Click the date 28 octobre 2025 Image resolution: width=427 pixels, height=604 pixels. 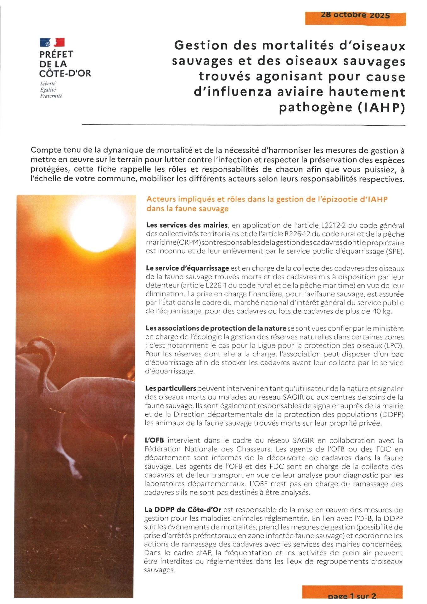355,15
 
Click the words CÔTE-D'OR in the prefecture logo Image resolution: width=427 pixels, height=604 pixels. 65,74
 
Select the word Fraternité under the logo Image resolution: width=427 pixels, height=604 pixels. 51,96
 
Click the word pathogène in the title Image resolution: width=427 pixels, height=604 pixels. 315,108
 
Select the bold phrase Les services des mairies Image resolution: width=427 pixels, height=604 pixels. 187,225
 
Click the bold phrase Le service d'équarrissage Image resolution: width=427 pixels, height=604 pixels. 187,268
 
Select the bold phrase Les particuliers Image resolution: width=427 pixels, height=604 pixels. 170,389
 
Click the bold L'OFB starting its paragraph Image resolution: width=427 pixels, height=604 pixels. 154,440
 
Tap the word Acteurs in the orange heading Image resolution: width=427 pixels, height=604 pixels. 160,199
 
